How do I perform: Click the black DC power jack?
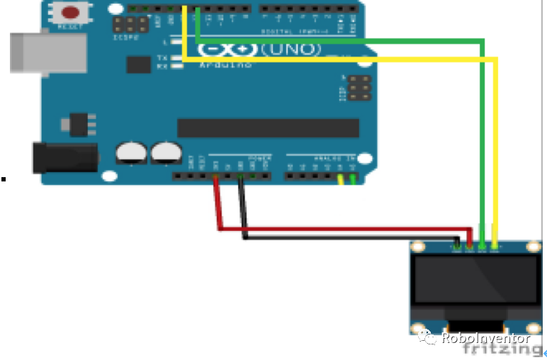pyautogui.click(x=64, y=157)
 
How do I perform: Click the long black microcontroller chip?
pyautogui.click(x=268, y=128)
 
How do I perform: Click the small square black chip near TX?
pyautogui.click(x=139, y=64)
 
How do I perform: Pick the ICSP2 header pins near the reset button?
pyautogui.click(x=132, y=25)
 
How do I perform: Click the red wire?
pyautogui.click(x=340, y=229)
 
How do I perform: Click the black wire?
pyautogui.click(x=347, y=237)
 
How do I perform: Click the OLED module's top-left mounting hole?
pyautogui.click(x=417, y=247)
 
